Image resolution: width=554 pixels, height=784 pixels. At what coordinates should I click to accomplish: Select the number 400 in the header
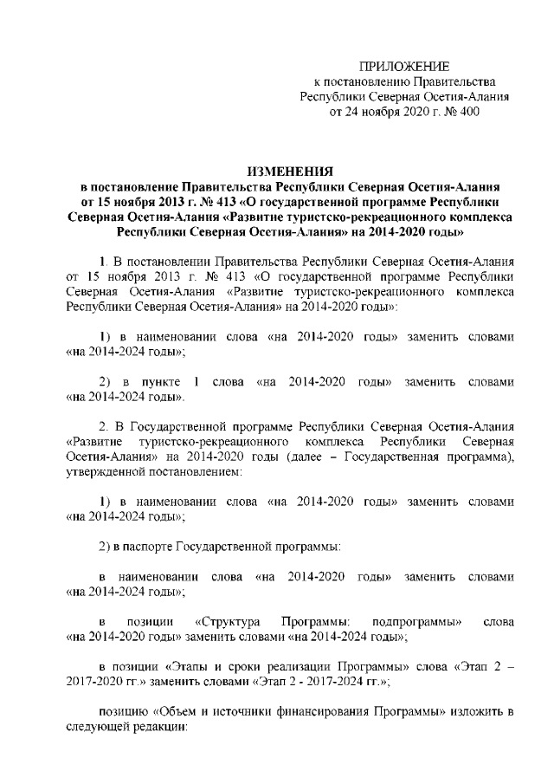467,112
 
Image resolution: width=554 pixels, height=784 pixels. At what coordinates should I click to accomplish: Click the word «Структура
229,622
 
